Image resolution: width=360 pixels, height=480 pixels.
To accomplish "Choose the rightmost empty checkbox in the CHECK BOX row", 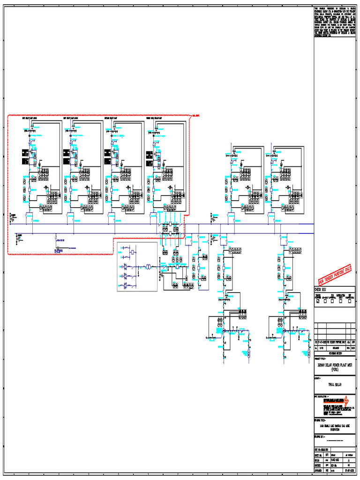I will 351,302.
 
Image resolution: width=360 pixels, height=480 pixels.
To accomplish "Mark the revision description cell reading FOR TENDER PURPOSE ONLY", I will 334,342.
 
